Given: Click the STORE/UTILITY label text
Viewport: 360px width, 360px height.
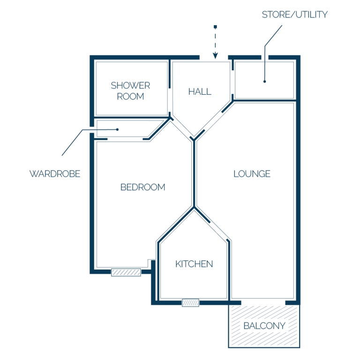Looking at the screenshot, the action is click(294, 15).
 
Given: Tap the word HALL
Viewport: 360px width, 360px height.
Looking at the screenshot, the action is click(200, 91).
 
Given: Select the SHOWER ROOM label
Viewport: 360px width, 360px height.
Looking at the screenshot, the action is click(130, 91).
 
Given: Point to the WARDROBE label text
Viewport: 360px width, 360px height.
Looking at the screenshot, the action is click(55, 174).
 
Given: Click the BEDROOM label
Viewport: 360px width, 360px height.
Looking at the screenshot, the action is click(142, 187).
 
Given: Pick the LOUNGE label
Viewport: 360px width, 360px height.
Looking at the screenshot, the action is click(252, 174).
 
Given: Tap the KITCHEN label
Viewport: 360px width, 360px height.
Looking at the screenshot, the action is click(194, 264).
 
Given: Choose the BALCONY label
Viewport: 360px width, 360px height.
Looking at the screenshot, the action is click(264, 326).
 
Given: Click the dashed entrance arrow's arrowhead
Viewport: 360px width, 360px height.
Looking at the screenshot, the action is click(215, 56).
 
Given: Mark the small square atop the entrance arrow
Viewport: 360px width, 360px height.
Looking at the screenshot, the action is click(215, 27).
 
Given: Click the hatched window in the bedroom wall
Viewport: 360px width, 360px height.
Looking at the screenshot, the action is click(126, 272).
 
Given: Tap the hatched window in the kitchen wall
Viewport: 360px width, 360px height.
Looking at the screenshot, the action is click(191, 303).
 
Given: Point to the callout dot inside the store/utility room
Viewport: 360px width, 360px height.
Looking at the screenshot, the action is click(264, 82).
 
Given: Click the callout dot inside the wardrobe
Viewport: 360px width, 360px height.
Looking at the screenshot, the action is click(117, 129).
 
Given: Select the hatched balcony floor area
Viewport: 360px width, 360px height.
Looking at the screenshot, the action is click(264, 326).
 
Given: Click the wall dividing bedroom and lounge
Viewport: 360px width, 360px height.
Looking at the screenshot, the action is click(194, 173).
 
